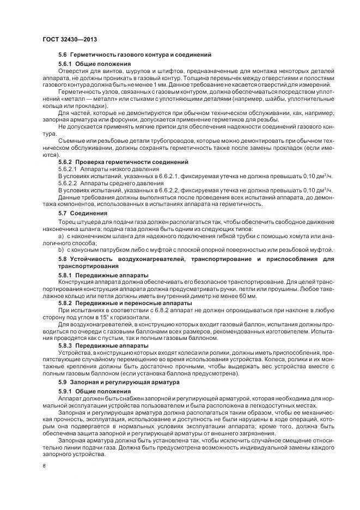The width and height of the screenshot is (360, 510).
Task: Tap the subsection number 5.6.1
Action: coord(67,64)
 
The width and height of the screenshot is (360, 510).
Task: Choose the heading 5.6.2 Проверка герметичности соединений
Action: coord(124,162)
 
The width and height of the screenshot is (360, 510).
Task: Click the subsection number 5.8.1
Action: coord(67,275)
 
